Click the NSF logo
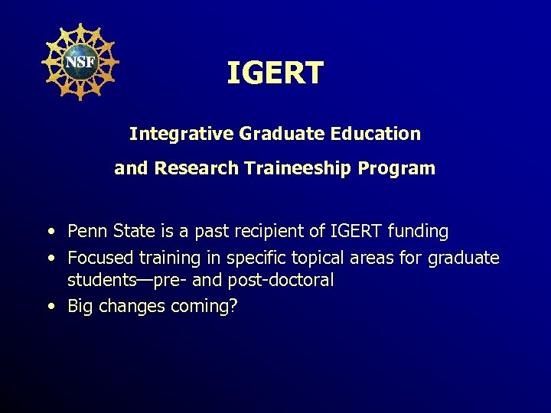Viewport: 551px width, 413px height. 79,61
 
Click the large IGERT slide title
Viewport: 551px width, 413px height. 275,73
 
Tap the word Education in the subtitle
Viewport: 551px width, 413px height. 376,134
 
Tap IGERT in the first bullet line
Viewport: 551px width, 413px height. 354,231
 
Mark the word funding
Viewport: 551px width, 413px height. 419,231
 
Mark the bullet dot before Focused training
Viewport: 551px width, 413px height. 51,259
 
